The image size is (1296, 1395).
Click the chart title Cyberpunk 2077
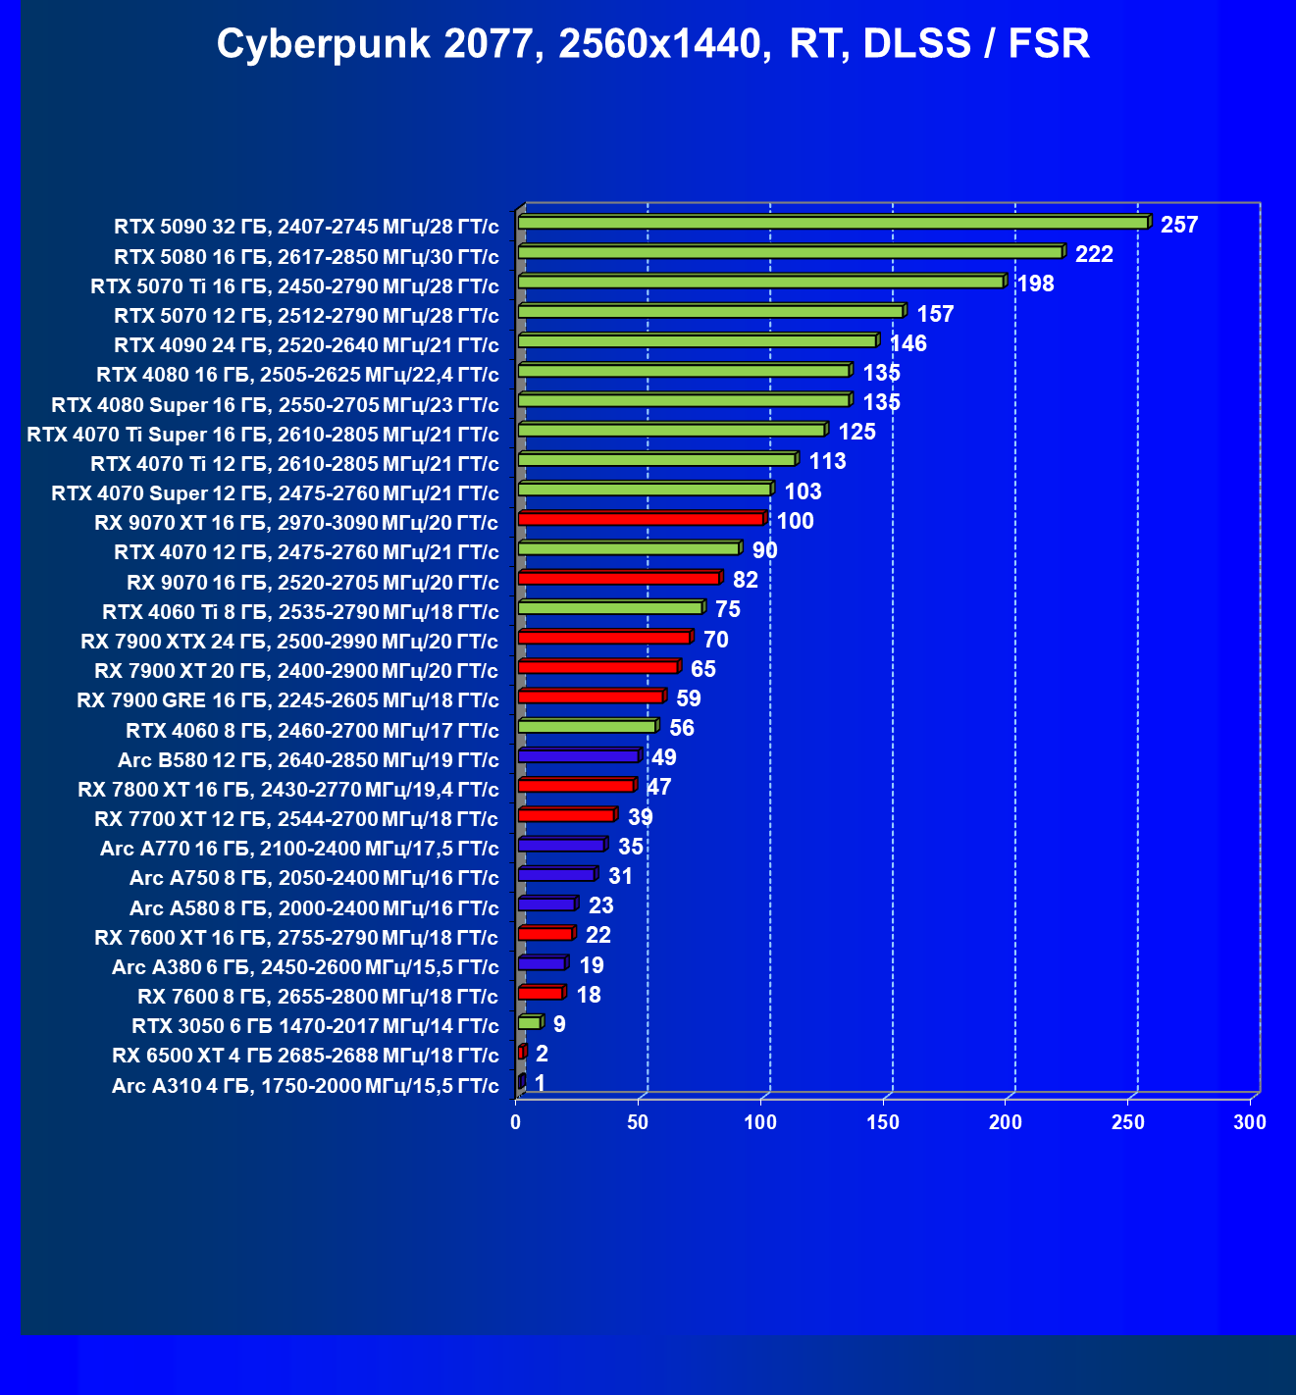pyautogui.click(x=652, y=44)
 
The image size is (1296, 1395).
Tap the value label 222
pyautogui.click(x=1094, y=255)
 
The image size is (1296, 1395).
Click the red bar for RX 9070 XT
pyautogui.click(x=641, y=519)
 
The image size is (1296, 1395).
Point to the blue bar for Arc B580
pyautogui.click(x=578, y=756)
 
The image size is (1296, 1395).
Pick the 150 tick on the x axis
pyautogui.click(x=883, y=1122)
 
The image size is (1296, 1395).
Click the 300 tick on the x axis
pyautogui.click(x=1250, y=1122)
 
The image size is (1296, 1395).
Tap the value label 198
pyautogui.click(x=1035, y=284)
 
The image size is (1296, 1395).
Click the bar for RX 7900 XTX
pyautogui.click(x=603, y=638)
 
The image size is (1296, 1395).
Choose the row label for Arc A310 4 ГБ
pyautogui.click(x=305, y=1086)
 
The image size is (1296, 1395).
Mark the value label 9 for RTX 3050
pyautogui.click(x=559, y=1024)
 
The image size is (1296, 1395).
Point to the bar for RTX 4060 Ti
pyautogui.click(x=609, y=608)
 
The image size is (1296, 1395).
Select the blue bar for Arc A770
pyautogui.click(x=561, y=845)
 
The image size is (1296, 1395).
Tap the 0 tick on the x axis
pyautogui.click(x=516, y=1122)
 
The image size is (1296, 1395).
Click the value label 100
pyautogui.click(x=796, y=521)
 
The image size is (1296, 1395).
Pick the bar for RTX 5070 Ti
pyautogui.click(x=760, y=283)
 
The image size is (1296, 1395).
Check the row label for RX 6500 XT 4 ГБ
pyautogui.click(x=305, y=1056)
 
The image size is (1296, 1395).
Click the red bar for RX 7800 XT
pyautogui.click(x=576, y=786)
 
